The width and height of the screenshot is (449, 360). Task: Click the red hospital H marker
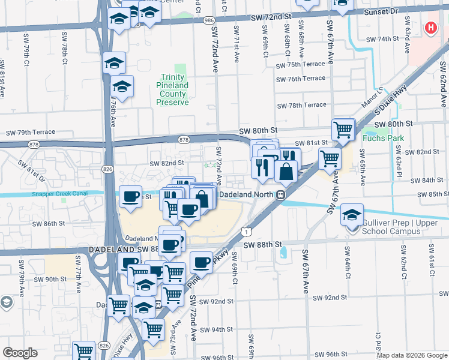430,28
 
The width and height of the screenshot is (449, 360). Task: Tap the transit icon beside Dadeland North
280,195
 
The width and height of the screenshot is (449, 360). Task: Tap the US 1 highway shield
247,230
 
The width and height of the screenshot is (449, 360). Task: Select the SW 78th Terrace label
301,105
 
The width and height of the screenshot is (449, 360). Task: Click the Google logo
20,353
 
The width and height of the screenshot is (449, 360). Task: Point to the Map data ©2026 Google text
412,355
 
